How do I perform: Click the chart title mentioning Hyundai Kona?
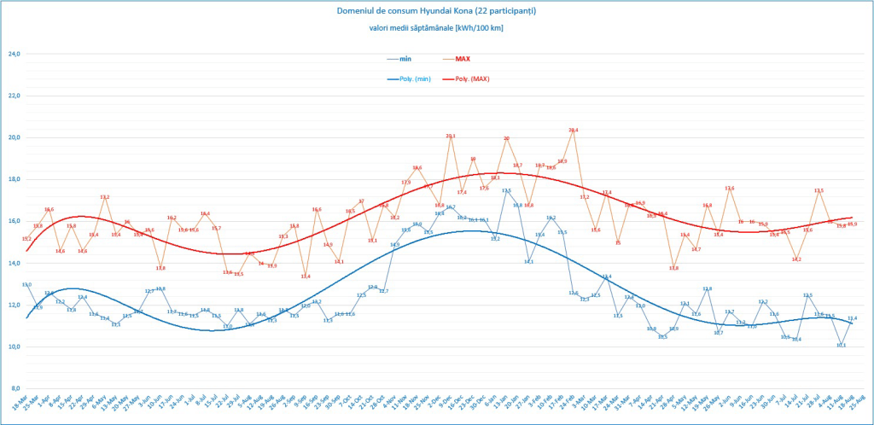(436, 11)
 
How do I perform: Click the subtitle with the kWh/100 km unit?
(436, 27)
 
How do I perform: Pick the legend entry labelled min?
(405, 59)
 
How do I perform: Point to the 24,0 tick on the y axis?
(14, 54)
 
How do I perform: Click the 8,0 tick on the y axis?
(15, 388)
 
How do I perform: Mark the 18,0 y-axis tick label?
(14, 179)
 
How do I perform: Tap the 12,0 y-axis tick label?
(14, 305)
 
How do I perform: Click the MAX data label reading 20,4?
(574, 130)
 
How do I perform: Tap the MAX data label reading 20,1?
(451, 136)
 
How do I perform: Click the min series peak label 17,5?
(506, 190)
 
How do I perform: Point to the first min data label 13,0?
(26, 284)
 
